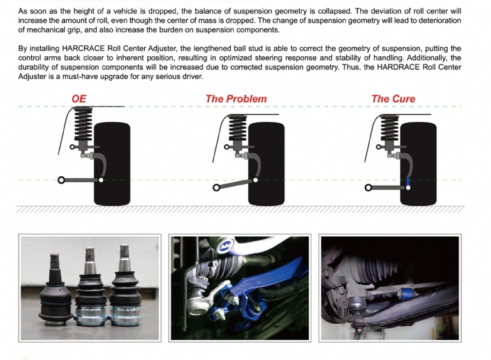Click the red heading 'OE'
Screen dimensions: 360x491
79,99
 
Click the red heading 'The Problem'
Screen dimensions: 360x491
236,99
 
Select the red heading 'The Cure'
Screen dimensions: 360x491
393,99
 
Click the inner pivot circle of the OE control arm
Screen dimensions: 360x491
62,180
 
